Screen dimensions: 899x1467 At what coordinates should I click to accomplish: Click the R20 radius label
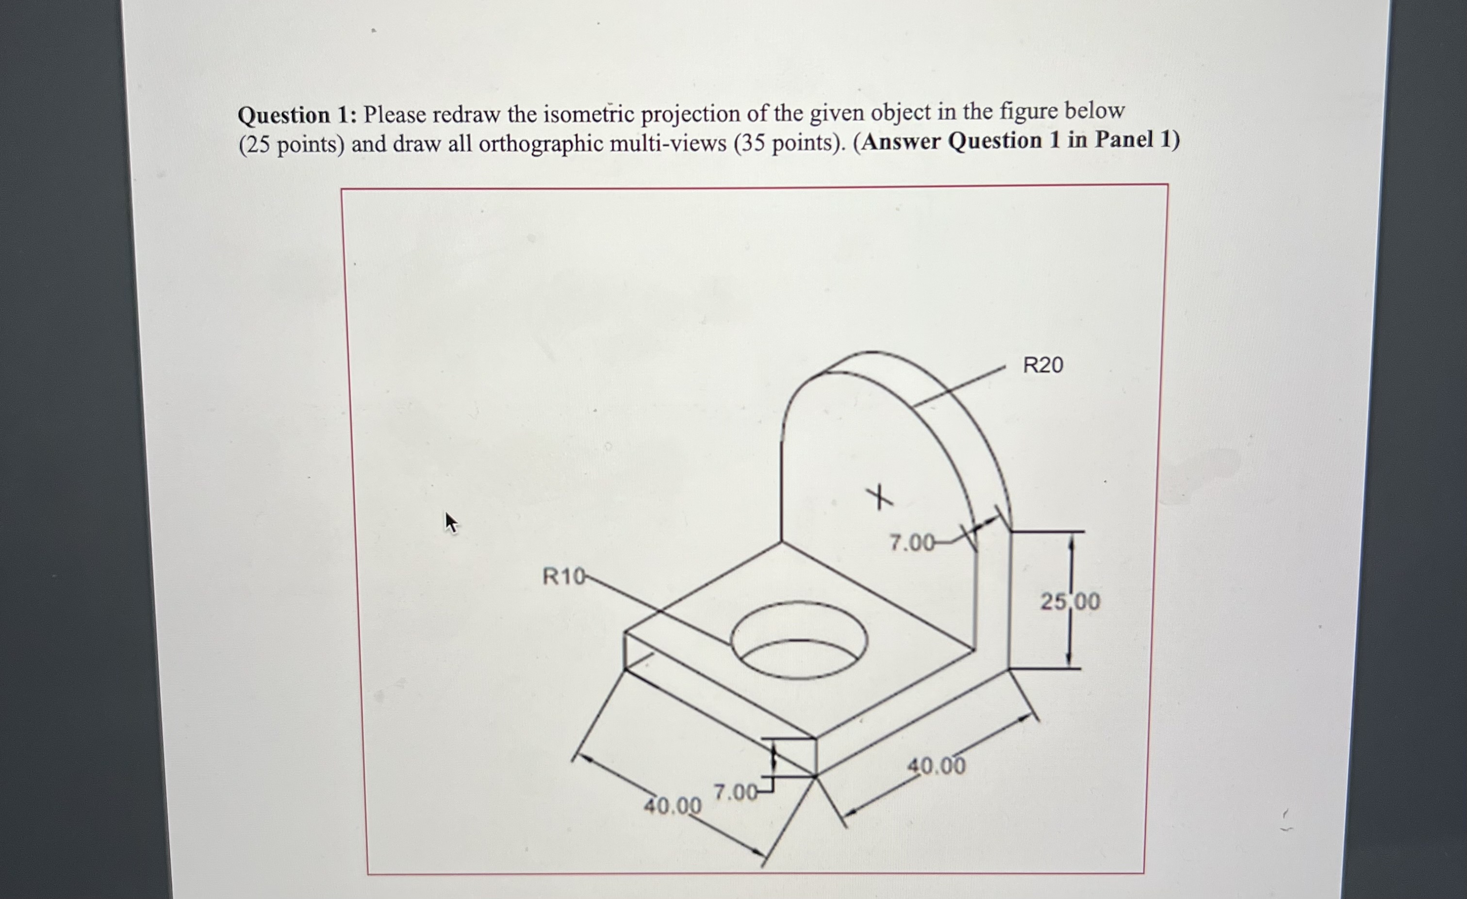pyautogui.click(x=1042, y=365)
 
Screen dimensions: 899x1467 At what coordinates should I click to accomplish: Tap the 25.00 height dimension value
pyautogui.click(x=1070, y=602)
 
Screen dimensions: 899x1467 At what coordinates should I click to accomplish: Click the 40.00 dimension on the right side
pyautogui.click(x=936, y=766)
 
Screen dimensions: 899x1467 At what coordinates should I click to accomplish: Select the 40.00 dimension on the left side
pyautogui.click(x=673, y=806)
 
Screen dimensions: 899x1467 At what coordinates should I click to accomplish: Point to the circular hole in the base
pyautogui.click(x=799, y=640)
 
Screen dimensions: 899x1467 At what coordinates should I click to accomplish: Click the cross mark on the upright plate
pyautogui.click(x=879, y=498)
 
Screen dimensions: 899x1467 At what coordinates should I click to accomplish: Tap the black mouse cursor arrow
pyautogui.click(x=451, y=523)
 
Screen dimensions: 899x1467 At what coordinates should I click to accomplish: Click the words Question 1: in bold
pyautogui.click(x=297, y=115)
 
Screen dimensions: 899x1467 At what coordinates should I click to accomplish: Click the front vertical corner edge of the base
pyautogui.click(x=815, y=756)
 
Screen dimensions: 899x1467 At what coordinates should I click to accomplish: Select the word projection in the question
pyautogui.click(x=691, y=113)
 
